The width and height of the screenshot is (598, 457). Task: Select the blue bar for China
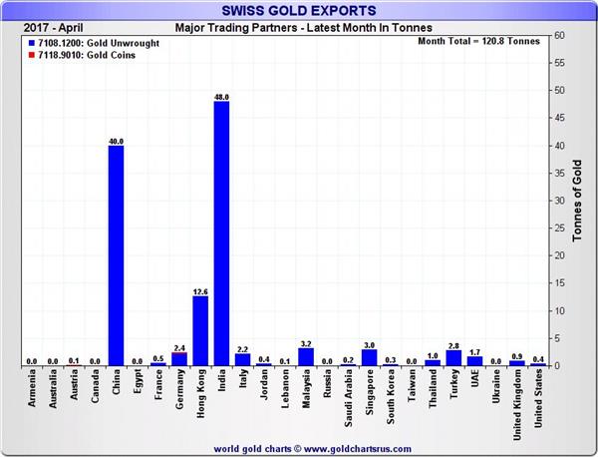click(x=116, y=255)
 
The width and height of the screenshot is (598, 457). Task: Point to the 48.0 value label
click(x=221, y=97)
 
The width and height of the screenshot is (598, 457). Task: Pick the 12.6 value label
click(x=200, y=291)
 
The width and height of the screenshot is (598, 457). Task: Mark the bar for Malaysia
click(x=306, y=356)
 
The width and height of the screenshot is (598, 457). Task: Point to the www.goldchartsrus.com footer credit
click(x=299, y=447)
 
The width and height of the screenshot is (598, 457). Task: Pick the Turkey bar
click(x=453, y=357)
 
